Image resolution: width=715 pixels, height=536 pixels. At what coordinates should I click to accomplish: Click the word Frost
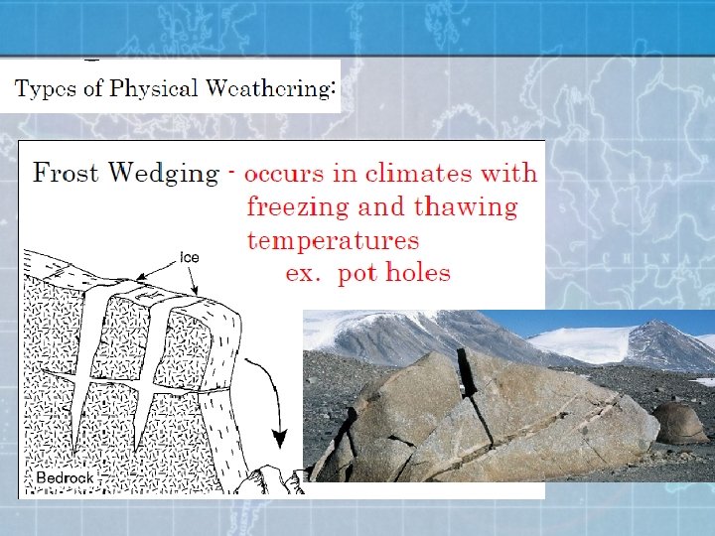point(67,173)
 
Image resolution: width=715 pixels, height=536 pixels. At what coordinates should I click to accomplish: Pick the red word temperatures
point(333,241)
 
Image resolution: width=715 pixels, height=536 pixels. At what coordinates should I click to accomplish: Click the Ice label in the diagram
point(189,257)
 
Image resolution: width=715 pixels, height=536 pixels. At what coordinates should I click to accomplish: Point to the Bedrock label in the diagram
point(65,477)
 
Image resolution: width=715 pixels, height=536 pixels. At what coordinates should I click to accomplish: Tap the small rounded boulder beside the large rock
point(680,422)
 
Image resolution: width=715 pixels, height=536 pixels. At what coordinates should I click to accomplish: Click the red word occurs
point(284,174)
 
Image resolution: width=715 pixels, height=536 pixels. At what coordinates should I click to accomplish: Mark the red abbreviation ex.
point(302,273)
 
